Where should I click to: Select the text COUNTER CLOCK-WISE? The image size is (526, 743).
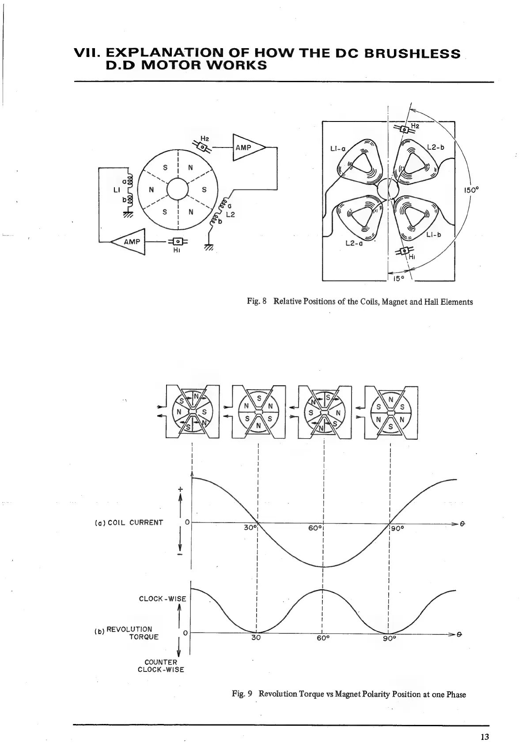point(161,665)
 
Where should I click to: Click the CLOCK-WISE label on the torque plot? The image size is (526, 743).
point(163,599)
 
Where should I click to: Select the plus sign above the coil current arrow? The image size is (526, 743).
point(180,489)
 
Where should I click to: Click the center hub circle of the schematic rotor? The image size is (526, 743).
point(177,190)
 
